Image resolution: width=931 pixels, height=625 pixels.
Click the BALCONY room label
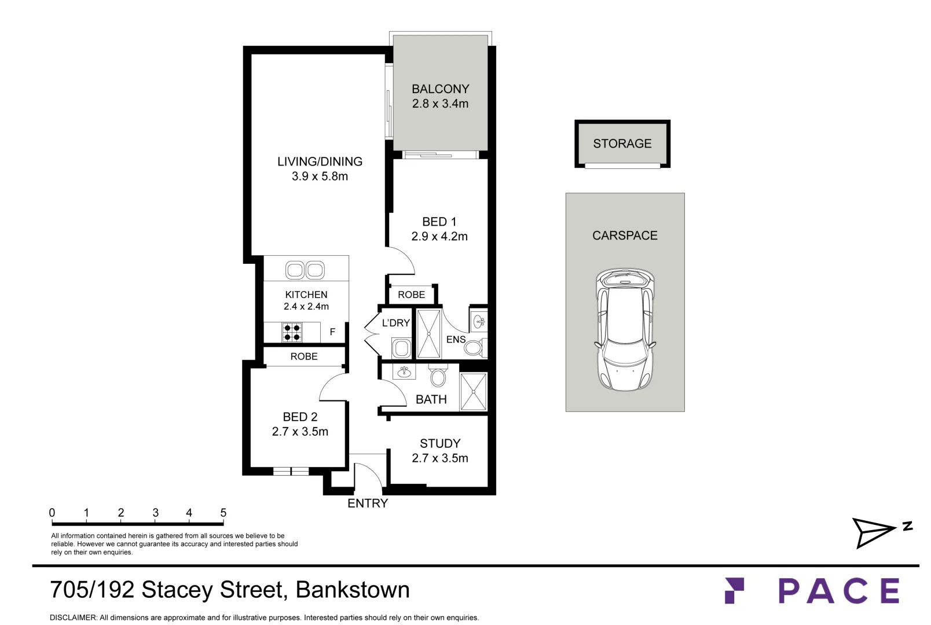[x=440, y=89]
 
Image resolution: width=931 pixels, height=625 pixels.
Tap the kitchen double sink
[x=305, y=270]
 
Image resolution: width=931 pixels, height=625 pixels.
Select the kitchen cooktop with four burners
[x=292, y=332]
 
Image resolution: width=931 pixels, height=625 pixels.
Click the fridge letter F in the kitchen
[x=332, y=332]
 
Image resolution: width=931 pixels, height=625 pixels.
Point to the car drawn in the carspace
[x=625, y=329]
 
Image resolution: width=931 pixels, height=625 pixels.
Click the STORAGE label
[x=622, y=144]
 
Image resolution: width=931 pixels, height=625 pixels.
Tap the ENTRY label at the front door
[x=368, y=503]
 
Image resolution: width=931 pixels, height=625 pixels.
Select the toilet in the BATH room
[x=438, y=376]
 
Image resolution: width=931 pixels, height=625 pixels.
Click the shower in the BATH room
[x=474, y=391]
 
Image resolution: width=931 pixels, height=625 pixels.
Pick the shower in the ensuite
[x=428, y=333]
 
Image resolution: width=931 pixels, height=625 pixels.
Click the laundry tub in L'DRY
[x=401, y=348]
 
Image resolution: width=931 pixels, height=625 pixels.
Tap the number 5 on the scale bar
[x=223, y=513]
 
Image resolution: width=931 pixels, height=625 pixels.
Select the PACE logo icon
[x=734, y=590]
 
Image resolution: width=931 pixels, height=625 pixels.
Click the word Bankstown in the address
[x=353, y=590]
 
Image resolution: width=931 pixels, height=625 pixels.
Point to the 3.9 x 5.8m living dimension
[x=320, y=176]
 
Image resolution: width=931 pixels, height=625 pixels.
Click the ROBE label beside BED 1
[x=412, y=295]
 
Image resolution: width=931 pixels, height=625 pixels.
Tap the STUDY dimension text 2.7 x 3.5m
[x=439, y=458]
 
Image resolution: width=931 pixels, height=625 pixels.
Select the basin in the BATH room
[x=404, y=372]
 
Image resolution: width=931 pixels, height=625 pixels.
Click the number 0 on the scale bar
[x=52, y=513]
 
